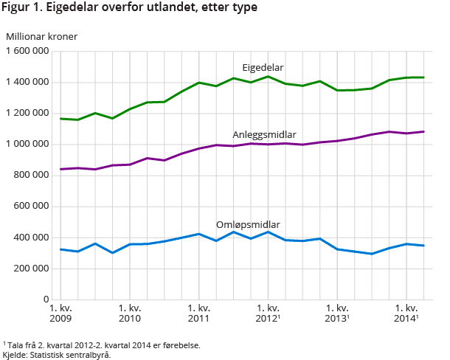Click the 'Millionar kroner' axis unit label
pos(41,35)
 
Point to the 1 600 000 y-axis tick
pos(28,51)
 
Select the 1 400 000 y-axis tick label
pos(28,82)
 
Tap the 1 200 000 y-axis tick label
pos(28,113)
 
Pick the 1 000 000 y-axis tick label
pos(28,144)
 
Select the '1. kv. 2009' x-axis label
pos(60,312)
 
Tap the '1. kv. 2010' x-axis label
pos(130,312)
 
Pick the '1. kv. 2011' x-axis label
pos(199,312)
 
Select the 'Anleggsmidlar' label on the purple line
pos(264,134)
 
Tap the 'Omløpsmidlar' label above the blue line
pos(248,224)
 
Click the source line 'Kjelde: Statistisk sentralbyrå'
pos(57,355)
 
